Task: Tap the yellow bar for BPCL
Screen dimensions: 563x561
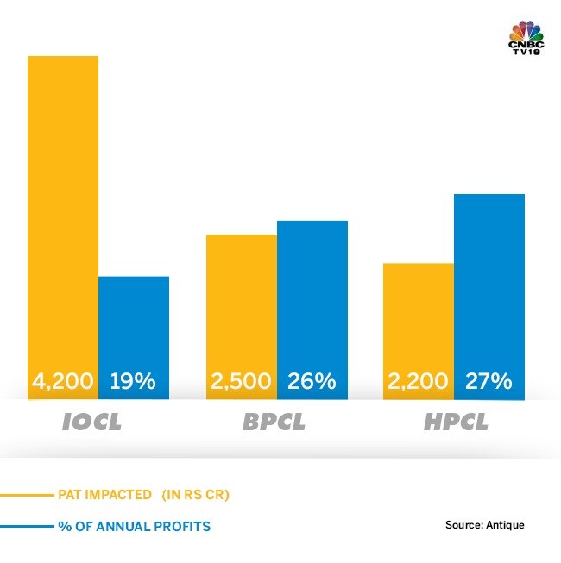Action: [x=241, y=302]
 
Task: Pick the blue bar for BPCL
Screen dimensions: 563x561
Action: [x=312, y=293]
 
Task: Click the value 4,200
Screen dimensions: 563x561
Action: [x=64, y=381]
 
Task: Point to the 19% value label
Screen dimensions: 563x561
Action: [x=133, y=381]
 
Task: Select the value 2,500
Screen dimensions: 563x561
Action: [x=241, y=381]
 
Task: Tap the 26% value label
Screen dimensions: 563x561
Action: [x=311, y=381]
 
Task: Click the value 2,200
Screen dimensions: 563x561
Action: [x=419, y=381]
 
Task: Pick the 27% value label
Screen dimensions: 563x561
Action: [x=489, y=381]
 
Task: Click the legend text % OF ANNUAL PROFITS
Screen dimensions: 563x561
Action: [x=134, y=526]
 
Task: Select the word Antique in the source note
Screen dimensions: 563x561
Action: [x=505, y=524]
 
